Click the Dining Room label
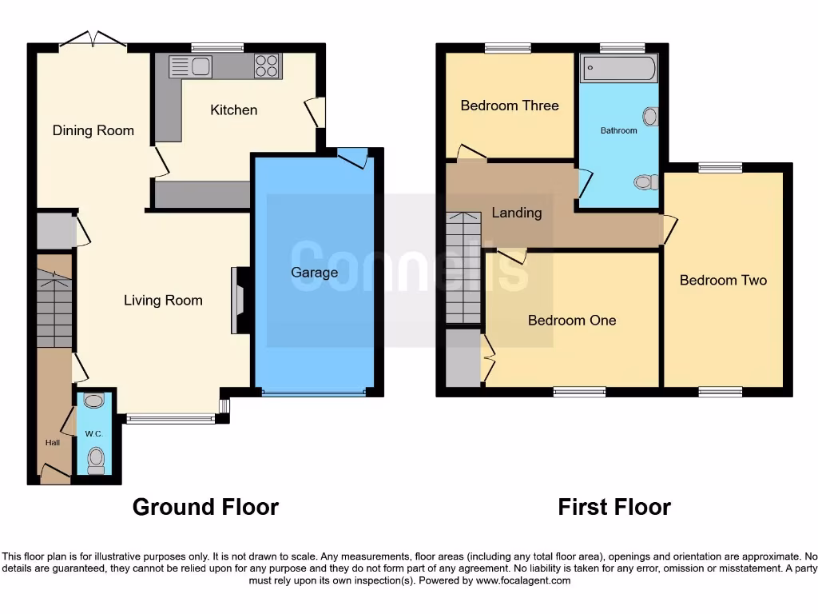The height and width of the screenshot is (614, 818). click(93, 130)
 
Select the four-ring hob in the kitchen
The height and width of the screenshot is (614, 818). click(268, 66)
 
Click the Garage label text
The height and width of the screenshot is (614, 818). click(314, 273)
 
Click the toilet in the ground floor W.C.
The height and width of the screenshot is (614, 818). click(96, 457)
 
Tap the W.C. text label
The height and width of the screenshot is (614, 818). click(93, 434)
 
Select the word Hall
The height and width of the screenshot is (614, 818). click(52, 442)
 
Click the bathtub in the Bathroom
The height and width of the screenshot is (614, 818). click(619, 69)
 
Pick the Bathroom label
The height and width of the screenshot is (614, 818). click(619, 130)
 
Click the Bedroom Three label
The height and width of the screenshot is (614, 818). click(510, 106)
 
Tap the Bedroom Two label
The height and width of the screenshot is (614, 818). click(723, 280)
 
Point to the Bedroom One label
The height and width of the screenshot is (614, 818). click(572, 320)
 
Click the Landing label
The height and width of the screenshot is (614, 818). click(516, 213)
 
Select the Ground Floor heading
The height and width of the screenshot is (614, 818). click(205, 507)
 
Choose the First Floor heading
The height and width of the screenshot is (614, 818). click(614, 507)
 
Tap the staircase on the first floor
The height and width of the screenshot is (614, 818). click(463, 268)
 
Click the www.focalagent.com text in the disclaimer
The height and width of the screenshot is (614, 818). click(522, 580)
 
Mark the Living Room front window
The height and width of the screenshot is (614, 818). click(170, 418)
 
